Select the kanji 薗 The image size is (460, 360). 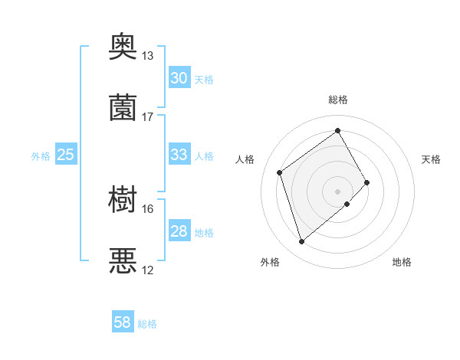(123, 108)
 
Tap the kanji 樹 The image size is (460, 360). (123, 200)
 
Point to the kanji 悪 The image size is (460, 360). (123, 261)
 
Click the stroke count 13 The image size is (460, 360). (148, 56)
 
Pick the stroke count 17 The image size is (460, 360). (148, 117)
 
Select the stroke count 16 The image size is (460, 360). (148, 208)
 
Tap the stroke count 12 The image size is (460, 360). (148, 270)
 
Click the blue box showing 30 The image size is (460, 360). (179, 78)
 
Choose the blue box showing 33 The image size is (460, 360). (179, 155)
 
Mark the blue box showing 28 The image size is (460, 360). (179, 231)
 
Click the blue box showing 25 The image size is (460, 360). (65, 155)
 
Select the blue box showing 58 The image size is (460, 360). (123, 323)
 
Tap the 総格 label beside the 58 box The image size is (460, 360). (147, 325)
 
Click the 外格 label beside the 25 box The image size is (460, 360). (41, 156)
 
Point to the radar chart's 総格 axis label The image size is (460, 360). (338, 100)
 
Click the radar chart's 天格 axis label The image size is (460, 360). (431, 159)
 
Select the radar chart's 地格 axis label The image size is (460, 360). (402, 262)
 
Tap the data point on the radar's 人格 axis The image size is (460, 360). (280, 172)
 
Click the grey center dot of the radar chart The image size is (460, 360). (338, 190)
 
